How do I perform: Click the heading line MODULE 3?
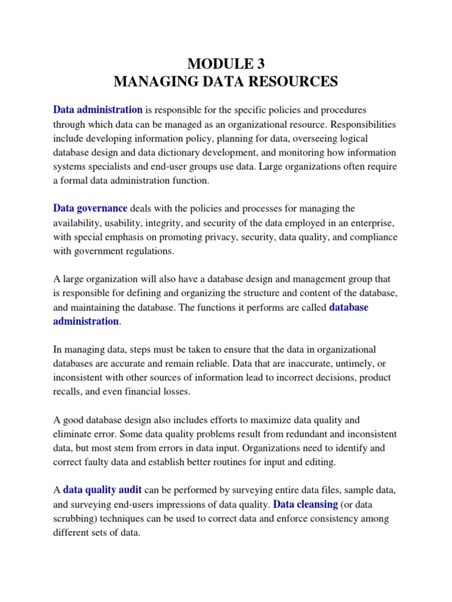(x=226, y=63)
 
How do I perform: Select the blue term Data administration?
(x=98, y=110)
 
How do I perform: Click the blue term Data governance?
(x=90, y=209)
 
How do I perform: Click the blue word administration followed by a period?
(x=86, y=322)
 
